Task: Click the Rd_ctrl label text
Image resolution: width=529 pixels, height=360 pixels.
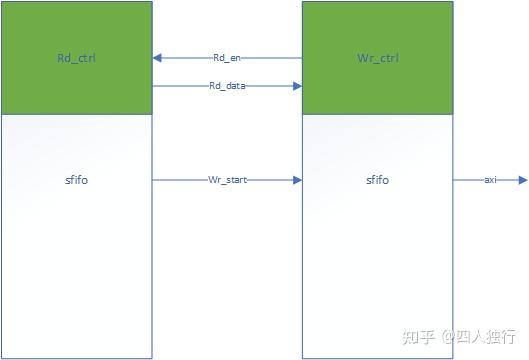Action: pos(77,58)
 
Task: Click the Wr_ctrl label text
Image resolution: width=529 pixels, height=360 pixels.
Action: pos(377,58)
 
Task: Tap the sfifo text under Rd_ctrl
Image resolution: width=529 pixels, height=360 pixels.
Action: pos(77,180)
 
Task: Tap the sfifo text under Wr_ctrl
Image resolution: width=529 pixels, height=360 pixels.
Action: pos(377,180)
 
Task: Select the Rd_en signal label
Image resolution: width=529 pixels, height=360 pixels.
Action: pos(227,58)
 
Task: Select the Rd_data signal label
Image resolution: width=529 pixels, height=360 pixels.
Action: pos(227,86)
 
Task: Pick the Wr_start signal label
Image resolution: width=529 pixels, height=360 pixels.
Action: pos(227,180)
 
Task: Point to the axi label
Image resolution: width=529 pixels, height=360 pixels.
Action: pos(490,180)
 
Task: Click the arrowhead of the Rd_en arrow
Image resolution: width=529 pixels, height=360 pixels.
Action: pos(158,58)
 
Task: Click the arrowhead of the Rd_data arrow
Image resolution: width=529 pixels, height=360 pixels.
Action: pos(297,86)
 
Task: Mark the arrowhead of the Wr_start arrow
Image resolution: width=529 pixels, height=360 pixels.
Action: pos(297,180)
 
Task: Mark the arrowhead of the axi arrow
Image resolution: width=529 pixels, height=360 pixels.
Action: pos(522,180)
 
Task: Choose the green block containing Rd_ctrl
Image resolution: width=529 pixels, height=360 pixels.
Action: pos(77,30)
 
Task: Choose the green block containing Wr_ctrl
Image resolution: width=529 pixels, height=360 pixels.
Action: pos(377,30)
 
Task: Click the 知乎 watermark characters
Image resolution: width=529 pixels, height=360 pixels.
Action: pos(417,336)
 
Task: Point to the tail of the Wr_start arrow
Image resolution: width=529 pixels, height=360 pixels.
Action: pos(155,180)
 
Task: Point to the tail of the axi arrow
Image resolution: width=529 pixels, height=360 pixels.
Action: pos(455,180)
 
